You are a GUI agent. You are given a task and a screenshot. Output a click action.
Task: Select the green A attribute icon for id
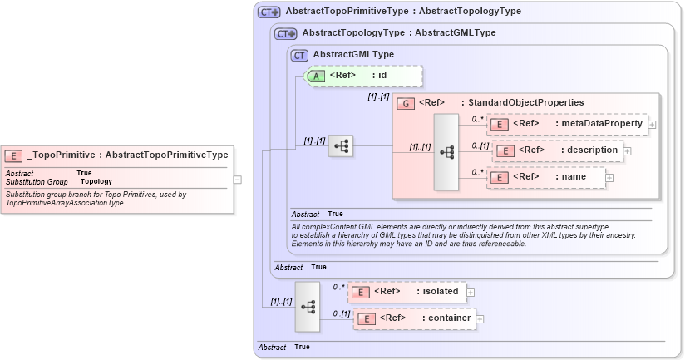click(317, 76)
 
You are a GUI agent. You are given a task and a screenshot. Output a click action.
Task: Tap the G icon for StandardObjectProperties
click(405, 103)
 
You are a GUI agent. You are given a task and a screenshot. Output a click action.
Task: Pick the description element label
click(589, 150)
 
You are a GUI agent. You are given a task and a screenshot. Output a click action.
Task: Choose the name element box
click(547, 177)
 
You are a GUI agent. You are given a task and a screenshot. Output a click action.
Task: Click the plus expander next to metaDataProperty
click(652, 125)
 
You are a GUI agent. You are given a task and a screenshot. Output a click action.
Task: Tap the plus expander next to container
click(480, 318)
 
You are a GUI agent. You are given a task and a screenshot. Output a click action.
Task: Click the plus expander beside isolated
click(471, 292)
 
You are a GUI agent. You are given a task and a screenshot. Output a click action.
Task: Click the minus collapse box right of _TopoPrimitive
click(237, 179)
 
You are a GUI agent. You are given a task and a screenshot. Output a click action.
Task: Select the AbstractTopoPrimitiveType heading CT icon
click(269, 12)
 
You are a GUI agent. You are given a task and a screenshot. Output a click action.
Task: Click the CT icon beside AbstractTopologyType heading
click(285, 33)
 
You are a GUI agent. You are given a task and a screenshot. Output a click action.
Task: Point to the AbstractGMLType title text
click(353, 54)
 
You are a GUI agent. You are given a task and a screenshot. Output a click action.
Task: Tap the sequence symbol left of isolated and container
click(308, 305)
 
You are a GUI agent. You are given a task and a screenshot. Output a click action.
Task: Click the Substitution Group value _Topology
click(94, 181)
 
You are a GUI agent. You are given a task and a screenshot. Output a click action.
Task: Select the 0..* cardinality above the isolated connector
click(338, 286)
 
